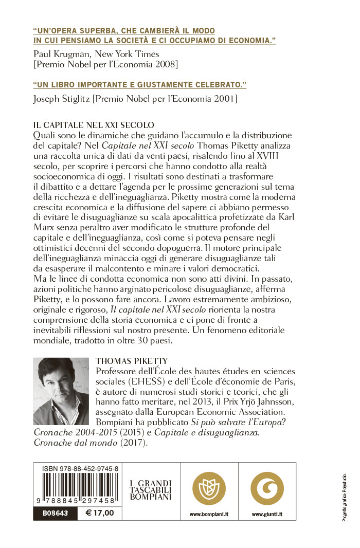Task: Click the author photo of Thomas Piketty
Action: click(x=61, y=391)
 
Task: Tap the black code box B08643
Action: click(x=55, y=513)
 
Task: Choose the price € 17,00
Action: click(x=99, y=513)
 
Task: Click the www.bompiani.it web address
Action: click(x=209, y=514)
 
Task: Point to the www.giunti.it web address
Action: click(x=267, y=514)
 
